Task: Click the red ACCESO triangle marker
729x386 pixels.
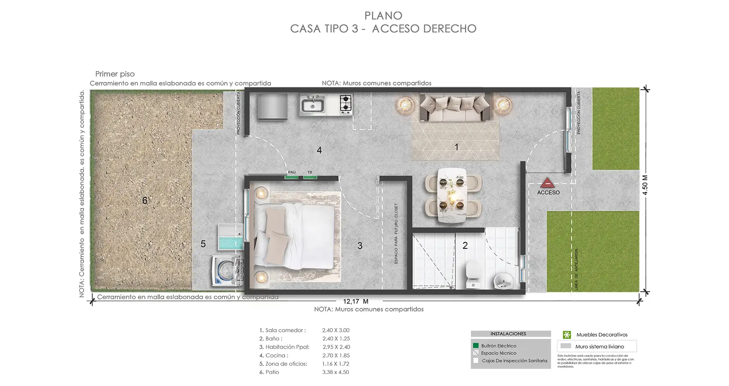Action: click(547, 183)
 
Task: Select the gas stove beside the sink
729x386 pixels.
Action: click(346, 104)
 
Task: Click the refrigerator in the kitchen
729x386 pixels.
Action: click(272, 106)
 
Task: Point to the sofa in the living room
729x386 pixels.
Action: click(455, 107)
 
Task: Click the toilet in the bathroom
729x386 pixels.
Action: click(473, 274)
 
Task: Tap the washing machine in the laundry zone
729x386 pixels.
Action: click(225, 271)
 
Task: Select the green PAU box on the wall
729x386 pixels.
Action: click(292, 176)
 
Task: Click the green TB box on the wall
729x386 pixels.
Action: click(310, 176)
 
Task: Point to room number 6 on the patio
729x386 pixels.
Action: click(145, 200)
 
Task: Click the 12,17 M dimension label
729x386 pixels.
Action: click(355, 302)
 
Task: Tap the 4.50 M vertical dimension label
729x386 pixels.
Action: click(645, 185)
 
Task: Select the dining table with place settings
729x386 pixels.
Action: click(452, 195)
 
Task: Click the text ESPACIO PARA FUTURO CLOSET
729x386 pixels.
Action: click(396, 233)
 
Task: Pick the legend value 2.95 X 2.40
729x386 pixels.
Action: click(336, 347)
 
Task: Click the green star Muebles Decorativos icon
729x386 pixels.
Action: click(567, 335)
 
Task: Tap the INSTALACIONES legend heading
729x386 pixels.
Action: click(508, 334)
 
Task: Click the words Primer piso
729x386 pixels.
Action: click(115, 74)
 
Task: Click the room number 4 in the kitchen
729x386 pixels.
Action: click(319, 150)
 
